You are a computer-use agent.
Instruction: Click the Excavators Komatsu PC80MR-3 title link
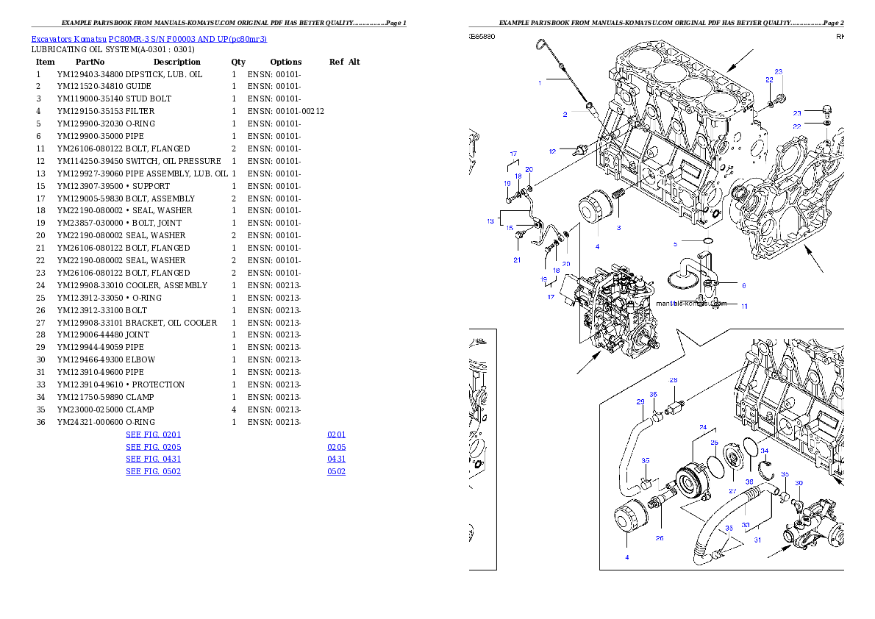(149, 39)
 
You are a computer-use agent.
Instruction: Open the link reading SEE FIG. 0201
(153, 434)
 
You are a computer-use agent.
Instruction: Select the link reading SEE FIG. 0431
(153, 459)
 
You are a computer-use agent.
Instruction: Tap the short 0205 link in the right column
(336, 447)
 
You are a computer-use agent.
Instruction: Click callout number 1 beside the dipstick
(540, 82)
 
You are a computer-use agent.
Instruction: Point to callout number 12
(552, 151)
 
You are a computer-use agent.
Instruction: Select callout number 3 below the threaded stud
(618, 228)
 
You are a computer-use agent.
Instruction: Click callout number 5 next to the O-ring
(675, 243)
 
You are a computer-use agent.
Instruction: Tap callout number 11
(744, 306)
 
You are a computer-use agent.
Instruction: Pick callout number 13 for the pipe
(490, 221)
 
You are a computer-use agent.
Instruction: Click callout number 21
(517, 260)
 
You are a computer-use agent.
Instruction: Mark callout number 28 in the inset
(673, 380)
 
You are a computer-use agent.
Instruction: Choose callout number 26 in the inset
(660, 538)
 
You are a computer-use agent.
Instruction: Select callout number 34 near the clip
(765, 451)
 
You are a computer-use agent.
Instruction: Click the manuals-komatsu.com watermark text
(691, 303)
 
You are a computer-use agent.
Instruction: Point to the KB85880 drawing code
(482, 36)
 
